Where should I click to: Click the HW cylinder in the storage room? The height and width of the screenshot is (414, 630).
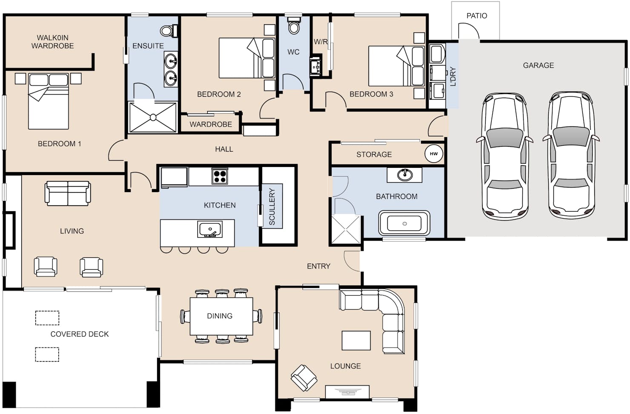[434, 154]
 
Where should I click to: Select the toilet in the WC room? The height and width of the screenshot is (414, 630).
[294, 25]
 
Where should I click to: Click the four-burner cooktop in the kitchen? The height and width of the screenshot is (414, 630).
[220, 176]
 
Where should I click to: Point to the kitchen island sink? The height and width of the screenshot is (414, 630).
[210, 229]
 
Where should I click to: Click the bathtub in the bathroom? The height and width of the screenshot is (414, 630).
[404, 223]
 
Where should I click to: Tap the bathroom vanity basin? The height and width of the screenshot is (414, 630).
[405, 175]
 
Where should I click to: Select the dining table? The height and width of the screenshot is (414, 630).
[221, 316]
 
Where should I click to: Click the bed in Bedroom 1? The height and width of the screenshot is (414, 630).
[49, 101]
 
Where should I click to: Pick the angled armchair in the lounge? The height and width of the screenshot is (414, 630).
[304, 378]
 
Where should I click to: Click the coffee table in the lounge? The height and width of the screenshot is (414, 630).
[356, 340]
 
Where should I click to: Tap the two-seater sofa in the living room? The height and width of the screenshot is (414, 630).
[68, 193]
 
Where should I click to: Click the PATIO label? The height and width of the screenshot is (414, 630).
[477, 16]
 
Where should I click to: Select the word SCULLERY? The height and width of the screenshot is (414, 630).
[272, 207]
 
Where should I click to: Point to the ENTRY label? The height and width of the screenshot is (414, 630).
[318, 266]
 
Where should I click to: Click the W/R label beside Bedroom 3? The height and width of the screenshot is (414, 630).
[321, 42]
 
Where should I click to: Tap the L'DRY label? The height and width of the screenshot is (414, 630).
[453, 76]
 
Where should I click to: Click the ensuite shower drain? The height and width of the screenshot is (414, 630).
[153, 118]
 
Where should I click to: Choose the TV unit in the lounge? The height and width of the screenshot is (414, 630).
[347, 392]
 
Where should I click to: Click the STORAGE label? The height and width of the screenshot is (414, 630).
[374, 154]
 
